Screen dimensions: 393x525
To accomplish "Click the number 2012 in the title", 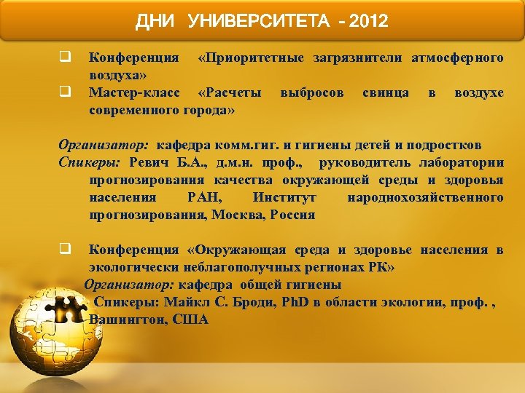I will [368, 22].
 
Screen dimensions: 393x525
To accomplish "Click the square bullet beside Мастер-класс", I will [64, 92].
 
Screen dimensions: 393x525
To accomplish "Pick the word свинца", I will [385, 93].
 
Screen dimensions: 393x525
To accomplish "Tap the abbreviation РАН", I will [201, 197].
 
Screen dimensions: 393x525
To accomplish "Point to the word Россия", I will [292, 215].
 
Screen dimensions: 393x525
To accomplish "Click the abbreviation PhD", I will [296, 302].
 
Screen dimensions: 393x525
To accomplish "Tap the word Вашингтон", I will [125, 319].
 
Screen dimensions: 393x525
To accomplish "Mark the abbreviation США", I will [192, 319].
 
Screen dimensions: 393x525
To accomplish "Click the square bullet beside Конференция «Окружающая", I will [64, 249].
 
